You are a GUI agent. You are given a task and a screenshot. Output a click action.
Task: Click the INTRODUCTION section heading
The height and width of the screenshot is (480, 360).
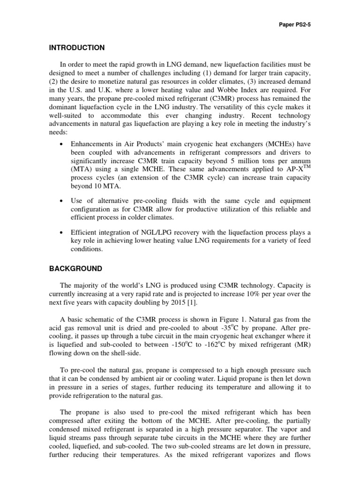pos(77,48)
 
